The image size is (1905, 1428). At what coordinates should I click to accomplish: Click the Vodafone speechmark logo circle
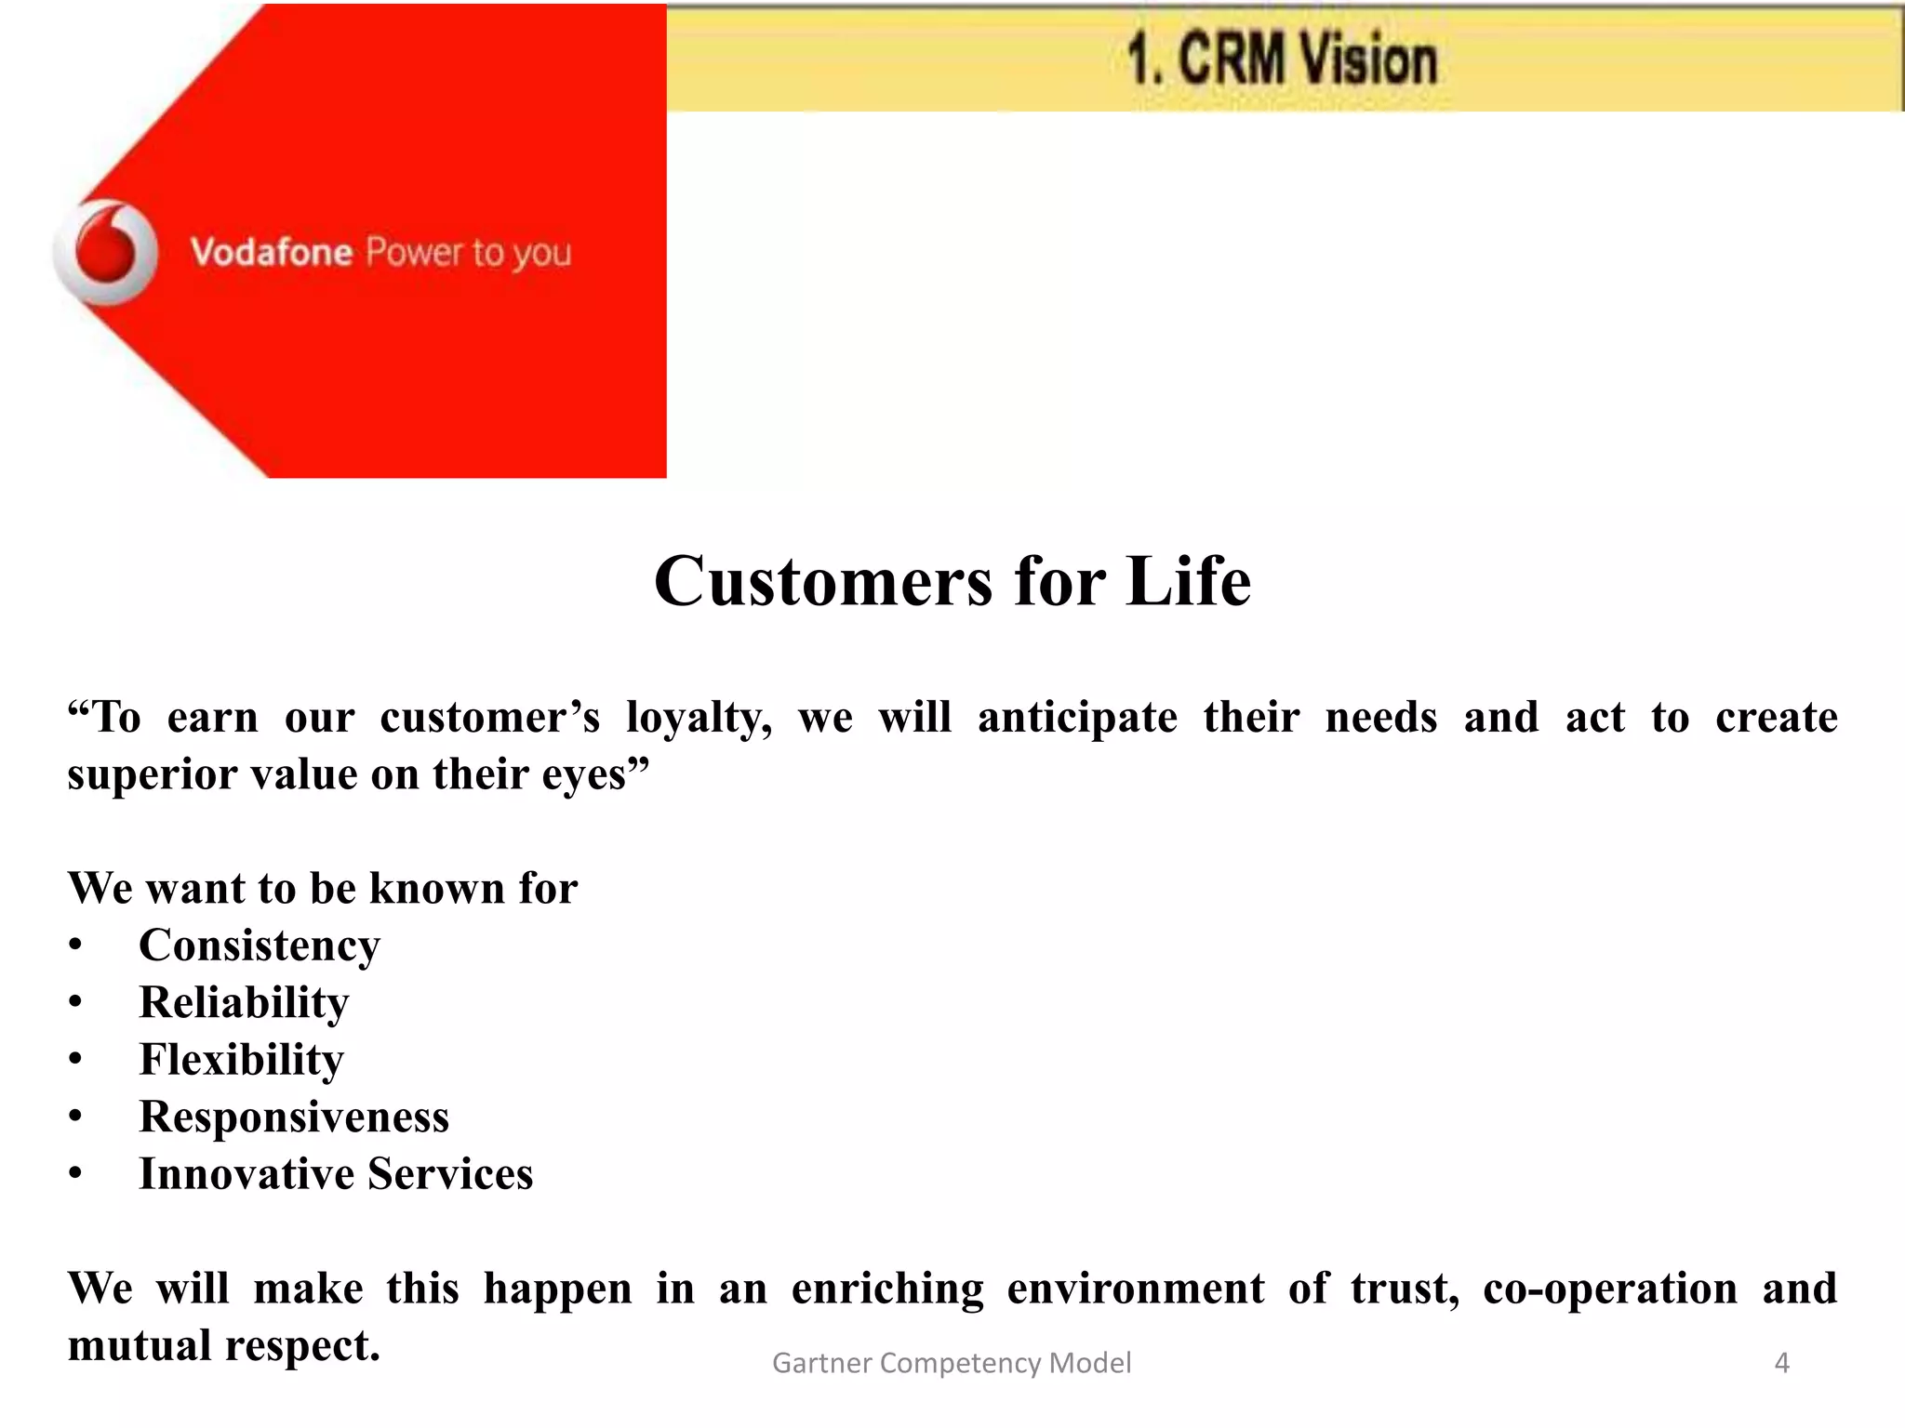106,253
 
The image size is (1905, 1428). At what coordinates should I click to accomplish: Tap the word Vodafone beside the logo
271,253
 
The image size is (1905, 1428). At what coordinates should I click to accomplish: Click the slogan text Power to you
468,253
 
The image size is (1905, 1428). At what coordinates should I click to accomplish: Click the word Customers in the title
823,582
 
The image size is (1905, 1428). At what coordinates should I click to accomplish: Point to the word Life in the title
1188,582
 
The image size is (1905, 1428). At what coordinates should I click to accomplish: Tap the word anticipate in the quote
1077,718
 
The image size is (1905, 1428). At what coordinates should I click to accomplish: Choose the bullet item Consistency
260,945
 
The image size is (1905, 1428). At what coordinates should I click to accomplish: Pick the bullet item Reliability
244,1002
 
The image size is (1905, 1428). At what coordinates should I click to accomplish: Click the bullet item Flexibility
241,1060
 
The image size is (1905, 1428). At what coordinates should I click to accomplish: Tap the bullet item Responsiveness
294,1117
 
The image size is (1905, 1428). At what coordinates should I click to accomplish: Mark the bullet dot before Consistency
75,946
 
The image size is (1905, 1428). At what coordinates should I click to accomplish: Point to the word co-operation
1610,1289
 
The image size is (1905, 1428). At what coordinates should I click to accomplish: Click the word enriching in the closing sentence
887,1289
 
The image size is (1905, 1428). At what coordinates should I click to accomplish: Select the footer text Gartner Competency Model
952,1363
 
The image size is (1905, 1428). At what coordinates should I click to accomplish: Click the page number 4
1781,1363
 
